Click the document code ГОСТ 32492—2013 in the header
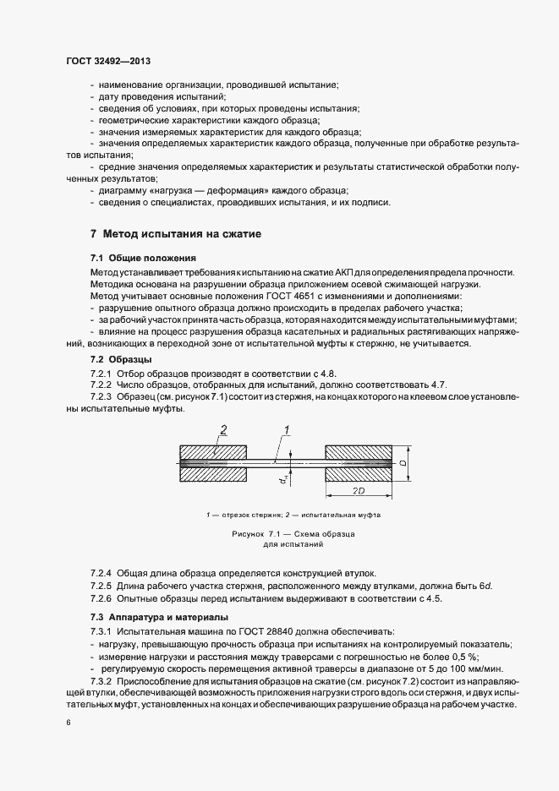tap(108, 61)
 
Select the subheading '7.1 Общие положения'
tap(143, 257)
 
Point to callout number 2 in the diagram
tap(223, 430)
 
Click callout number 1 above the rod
tap(288, 430)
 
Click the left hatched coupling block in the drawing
tap(212, 464)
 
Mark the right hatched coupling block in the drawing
tap(359, 464)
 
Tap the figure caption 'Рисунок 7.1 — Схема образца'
tap(292, 536)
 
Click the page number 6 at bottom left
tap(69, 723)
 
